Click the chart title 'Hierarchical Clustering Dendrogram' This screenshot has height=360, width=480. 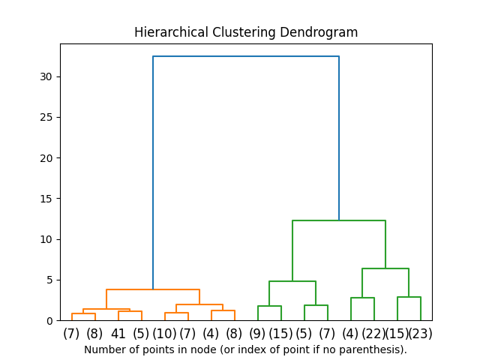pos(246,32)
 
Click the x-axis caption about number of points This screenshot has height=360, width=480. pos(245,349)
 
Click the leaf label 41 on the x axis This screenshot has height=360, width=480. pos(118,334)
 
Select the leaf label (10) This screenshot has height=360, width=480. pos(164,334)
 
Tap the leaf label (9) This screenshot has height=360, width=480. pos(257,334)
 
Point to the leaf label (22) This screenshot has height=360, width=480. pos(373,334)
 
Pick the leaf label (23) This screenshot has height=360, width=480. pos(421,334)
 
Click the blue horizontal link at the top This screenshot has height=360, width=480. pos(246,56)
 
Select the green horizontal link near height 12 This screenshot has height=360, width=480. pos(339,220)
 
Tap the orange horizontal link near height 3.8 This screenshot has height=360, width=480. pos(153,289)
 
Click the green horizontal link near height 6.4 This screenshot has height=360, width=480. pos(385,268)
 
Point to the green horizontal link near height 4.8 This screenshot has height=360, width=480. pos(292,281)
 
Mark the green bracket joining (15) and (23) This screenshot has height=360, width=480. pos(409,297)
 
